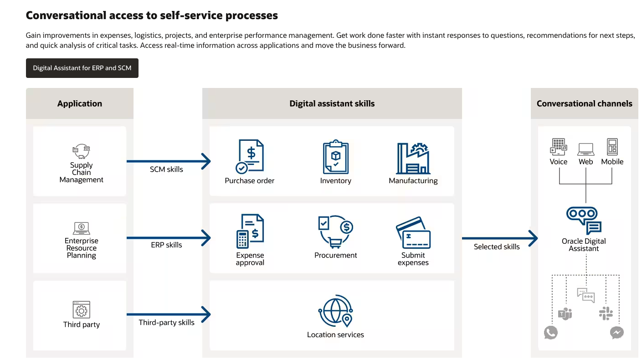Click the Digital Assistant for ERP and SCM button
pyautogui.click(x=82, y=68)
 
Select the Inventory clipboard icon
pyautogui.click(x=335, y=157)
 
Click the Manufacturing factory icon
pyautogui.click(x=413, y=158)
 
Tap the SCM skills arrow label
pyautogui.click(x=166, y=170)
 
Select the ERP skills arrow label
pyautogui.click(x=166, y=245)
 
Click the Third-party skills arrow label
pyautogui.click(x=166, y=323)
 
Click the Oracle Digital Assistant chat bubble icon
pyautogui.click(x=584, y=220)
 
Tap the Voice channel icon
pyautogui.click(x=558, y=147)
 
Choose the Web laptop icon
pyautogui.click(x=586, y=149)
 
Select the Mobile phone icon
pyautogui.click(x=612, y=147)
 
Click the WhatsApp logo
pyautogui.click(x=551, y=333)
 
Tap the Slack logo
pyautogui.click(x=606, y=314)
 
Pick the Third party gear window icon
pyautogui.click(x=82, y=310)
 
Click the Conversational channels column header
pyautogui.click(x=584, y=103)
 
